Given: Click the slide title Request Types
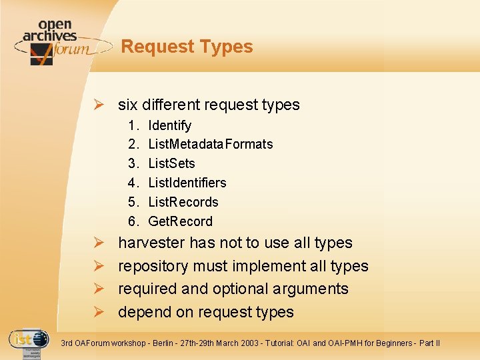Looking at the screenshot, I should click(187, 47).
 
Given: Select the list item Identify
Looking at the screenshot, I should click(169, 125).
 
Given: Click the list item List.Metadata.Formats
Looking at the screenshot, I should click(210, 144).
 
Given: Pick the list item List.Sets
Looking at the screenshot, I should click(171, 163).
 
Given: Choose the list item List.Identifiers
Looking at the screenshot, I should click(187, 183).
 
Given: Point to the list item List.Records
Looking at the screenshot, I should click(183, 202).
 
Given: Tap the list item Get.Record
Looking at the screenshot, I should click(180, 221).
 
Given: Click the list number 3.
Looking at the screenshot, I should click(133, 163).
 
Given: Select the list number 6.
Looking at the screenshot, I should click(133, 221).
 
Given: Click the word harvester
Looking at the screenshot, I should click(152, 243).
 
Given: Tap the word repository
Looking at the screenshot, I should click(153, 267).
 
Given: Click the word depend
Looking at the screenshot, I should click(142, 313).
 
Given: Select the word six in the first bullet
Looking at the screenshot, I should click(128, 105).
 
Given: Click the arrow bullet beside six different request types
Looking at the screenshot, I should click(98, 105).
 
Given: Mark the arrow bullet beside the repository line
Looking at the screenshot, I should click(98, 266).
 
